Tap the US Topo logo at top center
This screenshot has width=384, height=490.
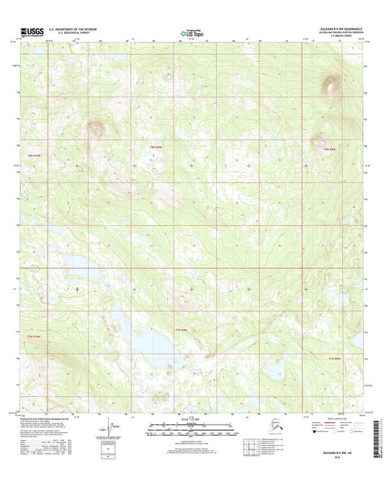click(192, 32)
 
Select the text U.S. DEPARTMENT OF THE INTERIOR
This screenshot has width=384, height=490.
click(73, 28)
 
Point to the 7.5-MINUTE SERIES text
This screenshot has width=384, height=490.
click(349, 37)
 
